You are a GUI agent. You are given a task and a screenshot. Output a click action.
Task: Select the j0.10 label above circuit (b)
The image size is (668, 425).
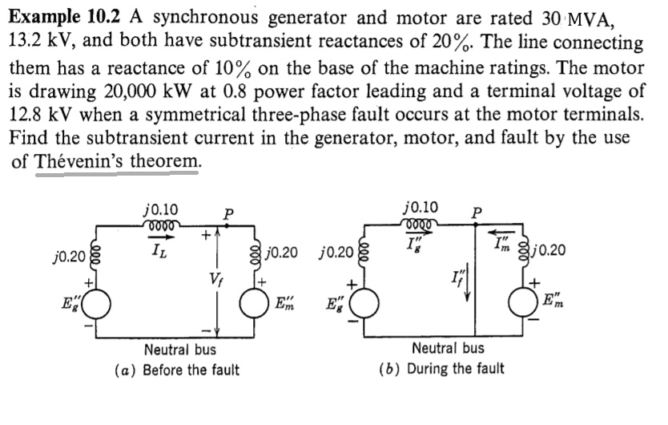421,206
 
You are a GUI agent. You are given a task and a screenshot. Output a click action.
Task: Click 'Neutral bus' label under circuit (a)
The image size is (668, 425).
179,350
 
